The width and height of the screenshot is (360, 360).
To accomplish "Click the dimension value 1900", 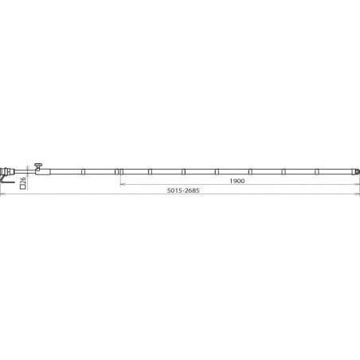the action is point(237,181).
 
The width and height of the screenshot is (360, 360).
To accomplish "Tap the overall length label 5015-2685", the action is point(183,190).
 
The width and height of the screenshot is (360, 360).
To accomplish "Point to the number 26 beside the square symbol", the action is point(23,180).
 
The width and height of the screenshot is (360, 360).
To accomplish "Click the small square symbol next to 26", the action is point(23,186).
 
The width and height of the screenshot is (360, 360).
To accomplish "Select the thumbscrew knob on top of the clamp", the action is point(38,166).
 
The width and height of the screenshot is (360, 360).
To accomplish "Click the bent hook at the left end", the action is point(6,179).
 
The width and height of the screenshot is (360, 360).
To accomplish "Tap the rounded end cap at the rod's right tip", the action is point(358,172).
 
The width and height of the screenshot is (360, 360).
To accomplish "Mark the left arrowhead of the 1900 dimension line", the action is point(122,184).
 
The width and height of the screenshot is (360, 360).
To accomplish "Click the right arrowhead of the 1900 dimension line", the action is point(358,184).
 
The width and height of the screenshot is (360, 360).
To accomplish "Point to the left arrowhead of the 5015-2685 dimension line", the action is point(2,194).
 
